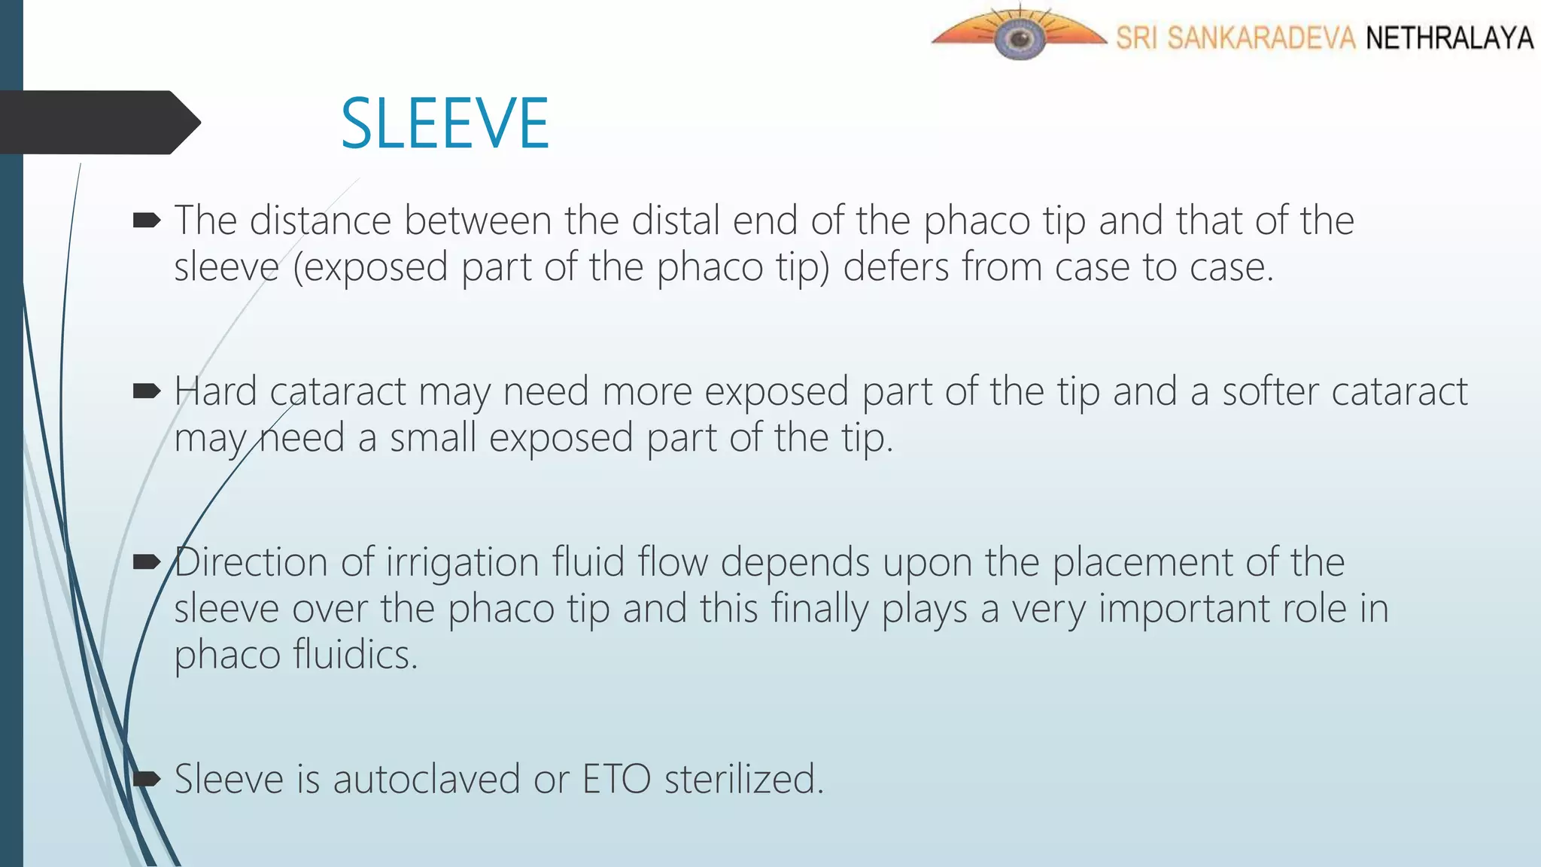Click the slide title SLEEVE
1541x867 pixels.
click(445, 123)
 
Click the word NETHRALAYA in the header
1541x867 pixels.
click(1449, 38)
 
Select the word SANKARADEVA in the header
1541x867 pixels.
click(1261, 38)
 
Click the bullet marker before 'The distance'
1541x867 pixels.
click(147, 221)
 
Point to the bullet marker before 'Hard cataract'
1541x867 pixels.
click(147, 391)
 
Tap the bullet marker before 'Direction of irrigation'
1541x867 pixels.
click(147, 561)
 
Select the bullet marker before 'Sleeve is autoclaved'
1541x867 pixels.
click(147, 778)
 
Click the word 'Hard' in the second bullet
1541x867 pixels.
click(215, 391)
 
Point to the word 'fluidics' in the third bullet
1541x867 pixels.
click(354, 654)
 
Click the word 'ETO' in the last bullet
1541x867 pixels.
click(617, 779)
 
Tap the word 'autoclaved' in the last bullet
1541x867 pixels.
click(427, 779)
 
